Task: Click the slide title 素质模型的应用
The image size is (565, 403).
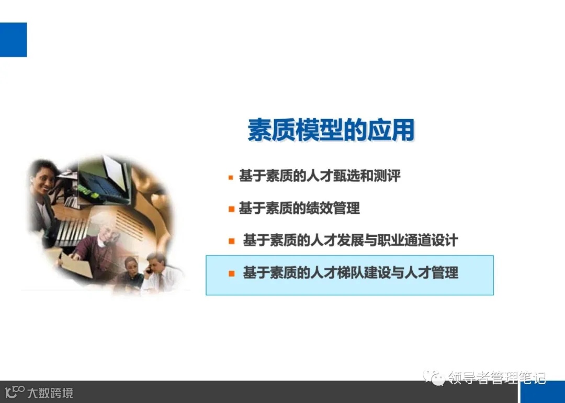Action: click(x=331, y=130)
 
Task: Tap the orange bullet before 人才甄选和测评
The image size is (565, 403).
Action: click(x=231, y=177)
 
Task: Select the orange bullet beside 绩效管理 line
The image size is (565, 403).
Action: click(x=231, y=209)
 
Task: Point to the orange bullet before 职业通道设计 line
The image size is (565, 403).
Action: click(x=231, y=241)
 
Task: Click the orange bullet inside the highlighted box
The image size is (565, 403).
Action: click(x=231, y=273)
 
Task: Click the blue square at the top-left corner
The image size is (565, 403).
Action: click(x=13, y=40)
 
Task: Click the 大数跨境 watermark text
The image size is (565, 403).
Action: click(x=50, y=393)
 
